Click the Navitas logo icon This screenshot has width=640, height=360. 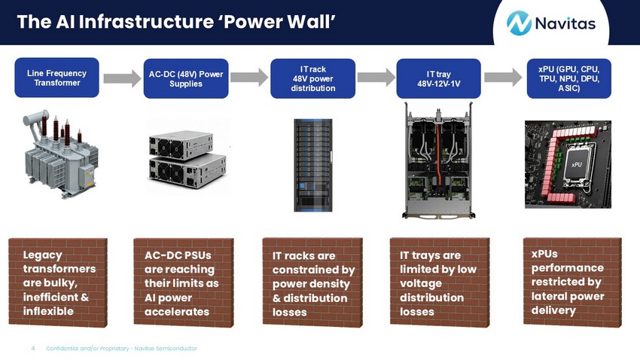tap(519, 23)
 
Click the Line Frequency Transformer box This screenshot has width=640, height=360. tap(56, 78)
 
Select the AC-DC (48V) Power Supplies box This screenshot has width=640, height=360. tap(186, 78)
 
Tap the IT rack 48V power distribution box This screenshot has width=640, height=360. tap(312, 78)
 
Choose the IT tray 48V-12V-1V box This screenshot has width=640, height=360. tap(438, 78)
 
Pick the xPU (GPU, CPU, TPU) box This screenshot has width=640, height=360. tap(569, 78)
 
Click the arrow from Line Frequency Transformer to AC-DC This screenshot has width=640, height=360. tap(122, 78)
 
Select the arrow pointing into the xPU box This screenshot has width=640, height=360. tap(503, 77)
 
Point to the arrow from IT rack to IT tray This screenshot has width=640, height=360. tap(376, 77)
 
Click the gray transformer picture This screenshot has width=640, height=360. tap(61, 154)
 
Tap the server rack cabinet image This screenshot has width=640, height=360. tap(313, 165)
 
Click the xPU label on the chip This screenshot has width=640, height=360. tap(576, 164)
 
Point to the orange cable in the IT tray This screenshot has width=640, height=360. tap(439, 155)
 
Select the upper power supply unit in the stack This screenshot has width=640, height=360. tap(181, 145)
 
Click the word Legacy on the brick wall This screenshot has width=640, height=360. tap(42, 255)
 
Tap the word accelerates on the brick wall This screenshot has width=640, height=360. tap(177, 312)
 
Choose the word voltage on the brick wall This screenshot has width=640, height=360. tap(421, 284)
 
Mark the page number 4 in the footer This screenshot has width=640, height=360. tap(33, 348)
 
